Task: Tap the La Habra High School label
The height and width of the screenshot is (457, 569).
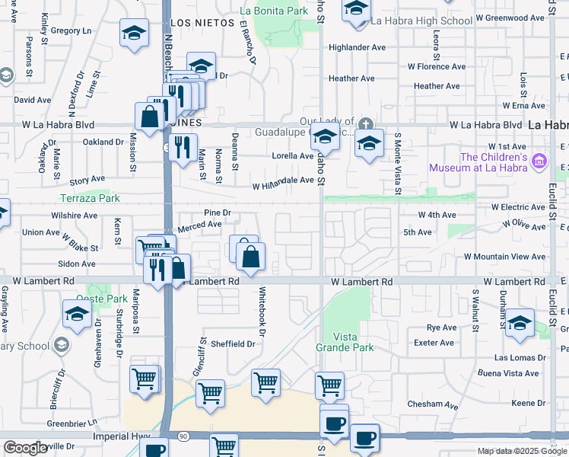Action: pos(424,21)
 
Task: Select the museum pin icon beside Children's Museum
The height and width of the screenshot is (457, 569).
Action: pos(539,161)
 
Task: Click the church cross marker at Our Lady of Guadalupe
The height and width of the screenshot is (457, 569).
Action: pos(366,124)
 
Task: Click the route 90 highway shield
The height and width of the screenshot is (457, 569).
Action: pos(183,436)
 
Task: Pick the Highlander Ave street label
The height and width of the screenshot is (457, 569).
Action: pos(357,47)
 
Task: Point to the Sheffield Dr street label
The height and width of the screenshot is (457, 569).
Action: pos(234,344)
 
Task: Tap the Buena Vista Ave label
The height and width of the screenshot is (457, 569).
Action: pos(508,373)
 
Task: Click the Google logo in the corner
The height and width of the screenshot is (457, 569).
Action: pos(26,448)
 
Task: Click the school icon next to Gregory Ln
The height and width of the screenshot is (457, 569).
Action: pos(134,34)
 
